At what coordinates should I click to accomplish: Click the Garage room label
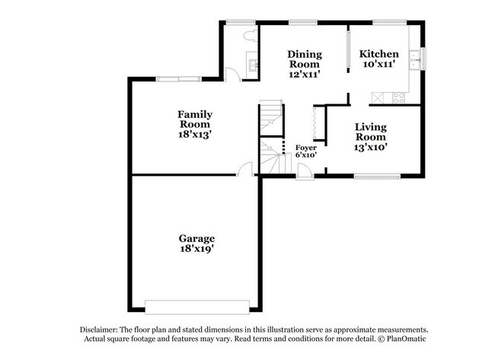[196, 238]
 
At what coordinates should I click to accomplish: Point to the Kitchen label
[378, 54]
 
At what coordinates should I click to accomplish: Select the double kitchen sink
[414, 60]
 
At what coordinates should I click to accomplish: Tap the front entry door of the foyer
[305, 173]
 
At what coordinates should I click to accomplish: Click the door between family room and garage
[245, 170]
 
